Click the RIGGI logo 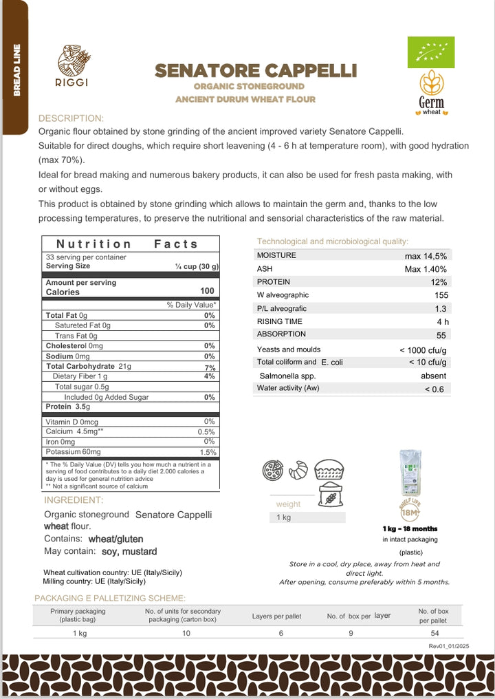coord(74,66)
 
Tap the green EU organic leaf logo coord(431,52)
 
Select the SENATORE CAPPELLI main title coord(256,71)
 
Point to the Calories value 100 coord(207,292)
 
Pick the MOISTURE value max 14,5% coord(426,256)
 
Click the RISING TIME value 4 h coord(442,321)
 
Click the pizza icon coord(274,471)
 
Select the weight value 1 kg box coord(307,517)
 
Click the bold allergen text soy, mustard coord(129,551)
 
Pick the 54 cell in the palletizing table coord(433,633)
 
